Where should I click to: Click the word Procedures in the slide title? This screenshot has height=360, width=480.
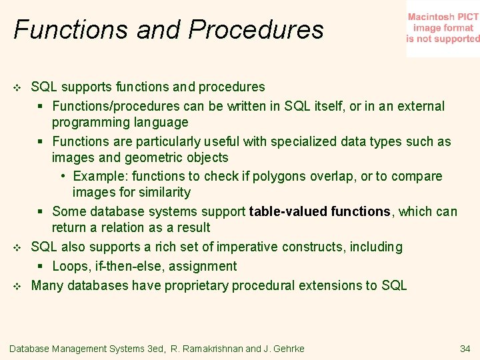[256, 30]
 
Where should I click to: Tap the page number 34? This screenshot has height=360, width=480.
[465, 349]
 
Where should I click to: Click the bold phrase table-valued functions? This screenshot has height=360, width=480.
[319, 211]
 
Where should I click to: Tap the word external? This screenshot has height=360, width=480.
[421, 106]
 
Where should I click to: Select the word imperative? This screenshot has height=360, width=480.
[247, 247]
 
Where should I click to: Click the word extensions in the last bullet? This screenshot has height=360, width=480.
[329, 285]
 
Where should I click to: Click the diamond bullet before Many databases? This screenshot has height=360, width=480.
[18, 286]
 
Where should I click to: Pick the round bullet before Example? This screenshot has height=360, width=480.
[62, 177]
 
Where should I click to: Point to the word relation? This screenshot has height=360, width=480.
[117, 227]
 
